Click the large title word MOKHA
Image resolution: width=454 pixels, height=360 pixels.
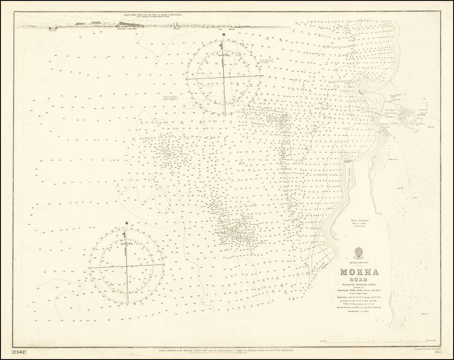click(x=359, y=273)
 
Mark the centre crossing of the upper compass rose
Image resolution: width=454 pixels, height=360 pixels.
click(x=223, y=77)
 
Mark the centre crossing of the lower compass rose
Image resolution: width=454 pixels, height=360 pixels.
click(x=127, y=266)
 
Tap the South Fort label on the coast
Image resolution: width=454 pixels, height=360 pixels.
click(x=348, y=160)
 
